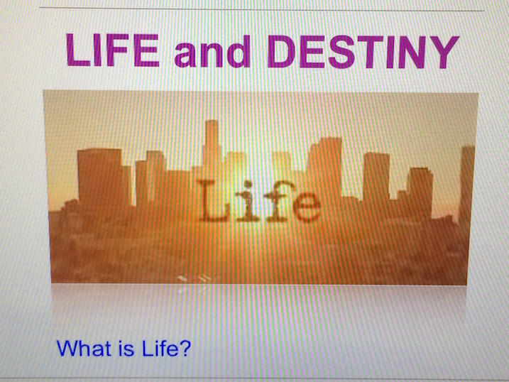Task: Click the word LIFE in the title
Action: [x=113, y=50]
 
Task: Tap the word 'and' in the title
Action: [x=213, y=51]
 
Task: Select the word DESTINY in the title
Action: [x=363, y=52]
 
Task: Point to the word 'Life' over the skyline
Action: [x=259, y=202]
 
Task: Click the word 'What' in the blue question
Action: [x=84, y=348]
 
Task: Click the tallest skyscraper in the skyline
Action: [x=212, y=146]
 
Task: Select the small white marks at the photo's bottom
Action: [x=195, y=278]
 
